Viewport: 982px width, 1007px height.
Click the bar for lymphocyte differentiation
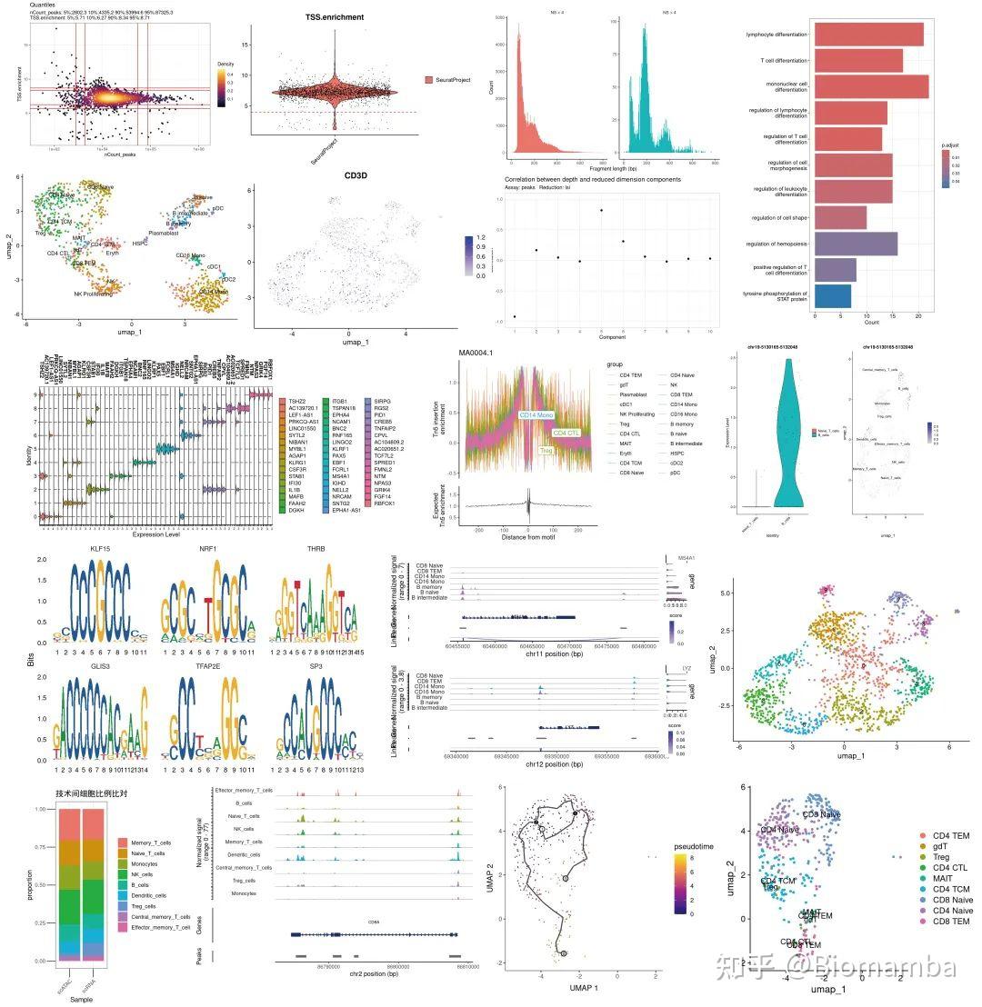coord(868,35)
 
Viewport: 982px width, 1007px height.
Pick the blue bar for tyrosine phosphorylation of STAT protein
coord(833,296)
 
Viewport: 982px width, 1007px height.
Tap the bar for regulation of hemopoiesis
coord(856,244)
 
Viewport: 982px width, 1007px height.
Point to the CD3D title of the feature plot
coord(355,174)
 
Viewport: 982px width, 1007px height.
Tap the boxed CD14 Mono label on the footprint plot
coord(536,415)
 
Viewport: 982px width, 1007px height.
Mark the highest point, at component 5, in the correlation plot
coord(601,210)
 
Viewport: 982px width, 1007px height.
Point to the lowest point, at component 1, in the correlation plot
coord(515,316)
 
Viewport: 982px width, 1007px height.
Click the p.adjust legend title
coord(952,144)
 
